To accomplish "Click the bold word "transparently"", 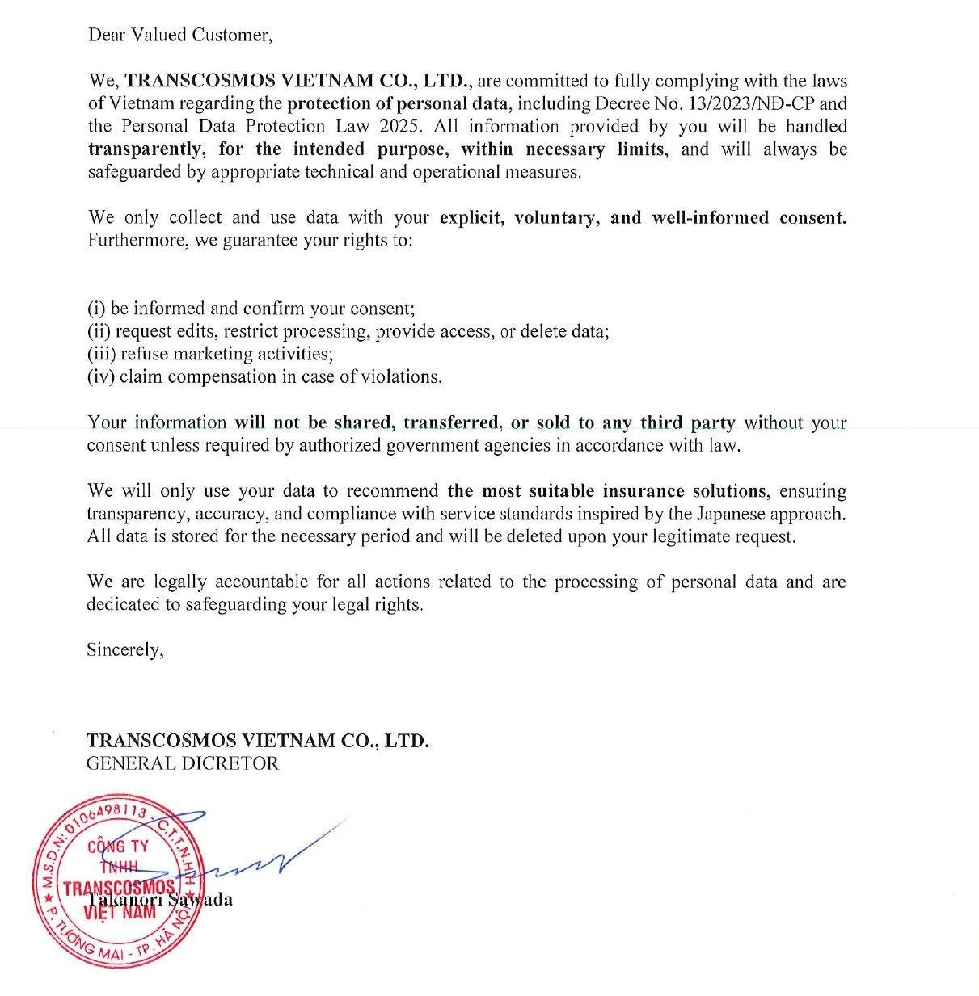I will tap(145, 149).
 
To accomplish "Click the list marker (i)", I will tap(96, 309).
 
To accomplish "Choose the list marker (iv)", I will tap(101, 376).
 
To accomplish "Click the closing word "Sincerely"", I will tap(124, 650).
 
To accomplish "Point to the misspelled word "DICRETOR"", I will tap(230, 763).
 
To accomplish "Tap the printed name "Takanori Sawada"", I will tap(160, 900).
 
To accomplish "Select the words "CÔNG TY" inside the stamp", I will tap(118, 847).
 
